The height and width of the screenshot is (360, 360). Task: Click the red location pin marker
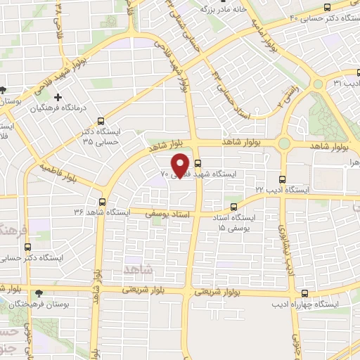[x=182, y=166]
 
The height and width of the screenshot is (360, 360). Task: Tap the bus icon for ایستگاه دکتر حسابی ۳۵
[x=103, y=120]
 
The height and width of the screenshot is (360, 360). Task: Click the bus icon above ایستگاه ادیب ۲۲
[x=283, y=179]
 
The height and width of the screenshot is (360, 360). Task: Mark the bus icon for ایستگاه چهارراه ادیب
[x=304, y=292]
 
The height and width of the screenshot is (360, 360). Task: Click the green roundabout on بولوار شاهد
[x=283, y=144]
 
